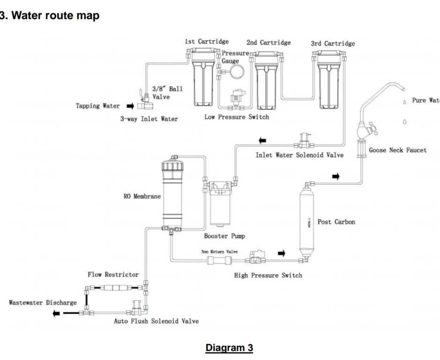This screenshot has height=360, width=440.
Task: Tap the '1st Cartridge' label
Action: point(207,42)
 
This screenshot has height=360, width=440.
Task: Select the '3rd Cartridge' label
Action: point(333,44)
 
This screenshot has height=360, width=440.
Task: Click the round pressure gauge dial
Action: point(236,72)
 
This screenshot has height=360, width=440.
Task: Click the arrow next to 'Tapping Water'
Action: point(131,106)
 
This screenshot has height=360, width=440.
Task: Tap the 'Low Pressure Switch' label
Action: point(237,117)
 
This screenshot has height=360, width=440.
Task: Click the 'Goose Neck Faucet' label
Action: point(397,150)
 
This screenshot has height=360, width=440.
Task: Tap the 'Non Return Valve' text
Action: point(219,252)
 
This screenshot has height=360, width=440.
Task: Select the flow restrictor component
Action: point(114,286)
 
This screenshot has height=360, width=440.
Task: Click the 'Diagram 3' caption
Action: point(229,348)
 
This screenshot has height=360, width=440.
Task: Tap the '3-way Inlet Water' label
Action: point(149,119)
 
